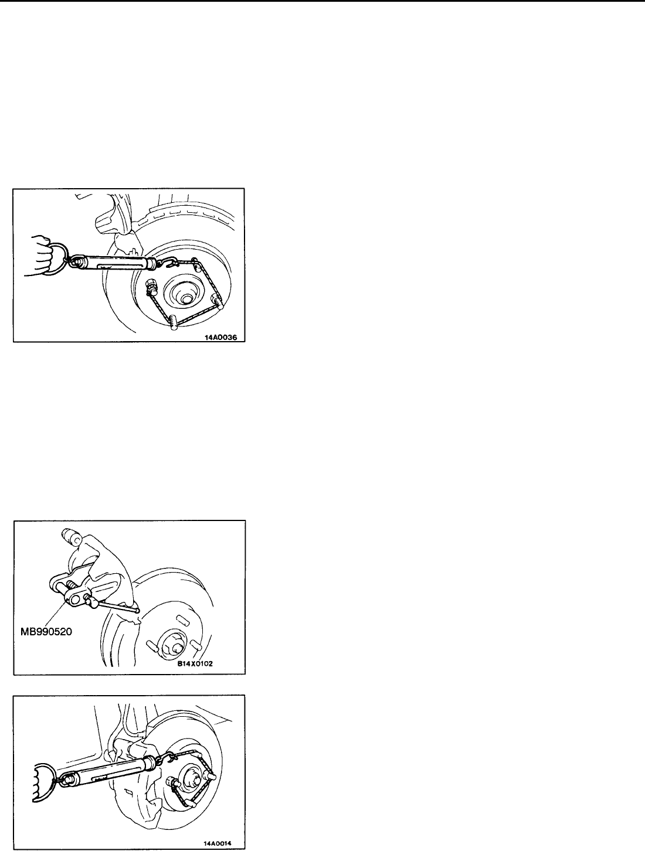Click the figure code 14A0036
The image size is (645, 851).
[x=220, y=338]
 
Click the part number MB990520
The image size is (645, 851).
[x=46, y=632]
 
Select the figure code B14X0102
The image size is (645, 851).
[x=195, y=663]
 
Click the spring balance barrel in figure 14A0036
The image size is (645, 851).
[x=116, y=263]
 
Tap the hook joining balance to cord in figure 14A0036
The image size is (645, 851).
[x=169, y=263]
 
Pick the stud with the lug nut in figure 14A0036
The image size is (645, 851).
[x=150, y=288]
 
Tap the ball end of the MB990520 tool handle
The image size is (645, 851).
[x=137, y=611]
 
